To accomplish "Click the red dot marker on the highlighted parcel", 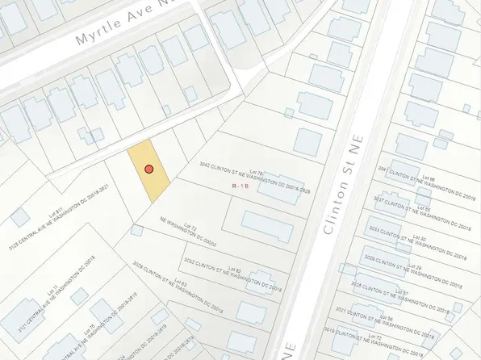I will point(148,169).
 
